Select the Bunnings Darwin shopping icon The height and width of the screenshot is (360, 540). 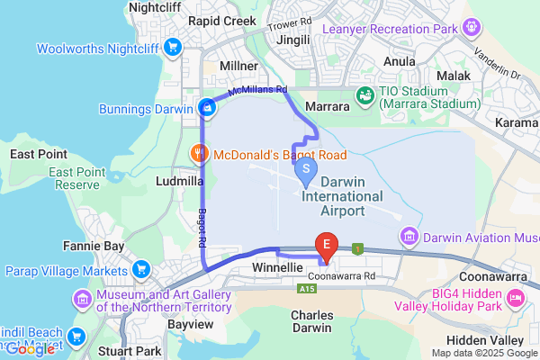[208, 109]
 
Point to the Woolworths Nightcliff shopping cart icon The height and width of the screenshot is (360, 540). [170, 47]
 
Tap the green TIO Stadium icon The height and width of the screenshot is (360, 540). [365, 94]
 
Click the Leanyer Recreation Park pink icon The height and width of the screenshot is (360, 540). [471, 26]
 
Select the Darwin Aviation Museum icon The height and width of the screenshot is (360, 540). [409, 236]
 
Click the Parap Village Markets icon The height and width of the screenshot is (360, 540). [141, 269]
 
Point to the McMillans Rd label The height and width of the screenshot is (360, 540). [257, 90]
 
